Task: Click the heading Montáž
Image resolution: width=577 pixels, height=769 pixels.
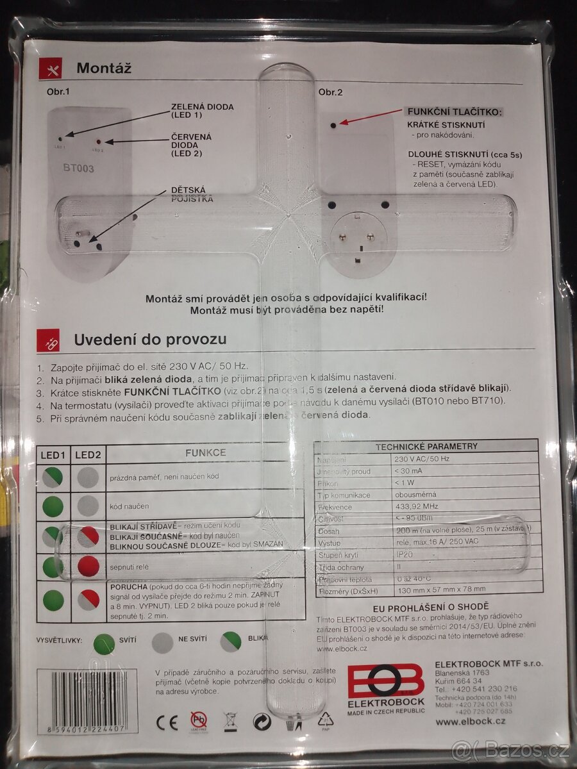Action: [104, 68]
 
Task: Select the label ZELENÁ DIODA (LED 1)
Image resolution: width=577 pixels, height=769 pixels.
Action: [202, 110]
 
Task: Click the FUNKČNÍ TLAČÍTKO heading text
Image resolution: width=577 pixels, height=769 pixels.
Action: [455, 112]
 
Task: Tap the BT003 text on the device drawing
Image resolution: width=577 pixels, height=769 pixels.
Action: [78, 169]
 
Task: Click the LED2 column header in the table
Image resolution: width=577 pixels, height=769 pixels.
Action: [88, 454]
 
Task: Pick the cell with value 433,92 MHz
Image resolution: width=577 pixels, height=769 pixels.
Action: [418, 506]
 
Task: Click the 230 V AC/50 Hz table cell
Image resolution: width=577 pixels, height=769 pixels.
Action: [423, 459]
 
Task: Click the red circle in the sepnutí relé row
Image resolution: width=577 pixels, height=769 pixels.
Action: [88, 566]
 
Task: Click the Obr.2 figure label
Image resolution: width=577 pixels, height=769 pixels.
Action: [331, 92]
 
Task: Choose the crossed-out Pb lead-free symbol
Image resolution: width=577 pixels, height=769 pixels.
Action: [199, 721]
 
